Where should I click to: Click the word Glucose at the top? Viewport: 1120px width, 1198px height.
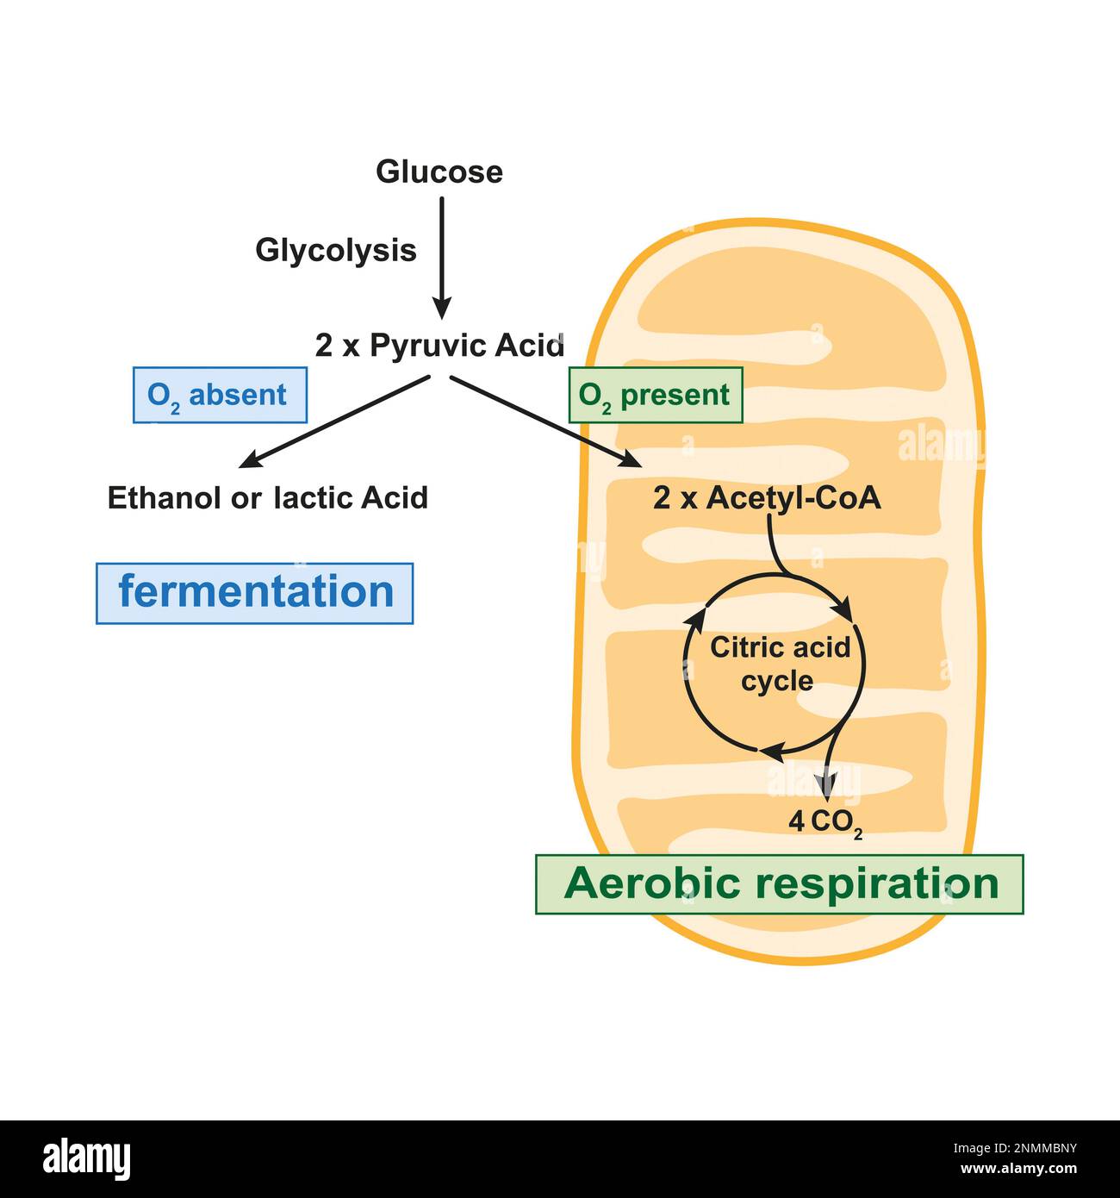point(439,172)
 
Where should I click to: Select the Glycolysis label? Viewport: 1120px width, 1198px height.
point(335,250)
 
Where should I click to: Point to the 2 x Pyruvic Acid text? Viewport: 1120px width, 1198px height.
point(439,346)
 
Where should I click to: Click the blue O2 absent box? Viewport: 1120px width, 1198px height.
point(220,395)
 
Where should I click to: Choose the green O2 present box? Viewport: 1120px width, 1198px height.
point(655,395)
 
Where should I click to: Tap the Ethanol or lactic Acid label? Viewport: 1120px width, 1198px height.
point(267,498)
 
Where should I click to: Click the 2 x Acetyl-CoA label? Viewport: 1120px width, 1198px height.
point(767,498)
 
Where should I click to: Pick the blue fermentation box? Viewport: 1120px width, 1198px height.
point(255,593)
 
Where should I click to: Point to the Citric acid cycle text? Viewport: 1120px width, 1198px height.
point(779,664)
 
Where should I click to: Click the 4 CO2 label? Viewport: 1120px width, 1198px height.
point(825,822)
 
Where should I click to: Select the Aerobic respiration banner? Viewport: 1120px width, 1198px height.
point(780,884)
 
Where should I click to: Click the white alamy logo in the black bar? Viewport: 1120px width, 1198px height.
point(86,1158)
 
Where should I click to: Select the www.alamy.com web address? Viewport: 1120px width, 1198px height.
point(1017,1170)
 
